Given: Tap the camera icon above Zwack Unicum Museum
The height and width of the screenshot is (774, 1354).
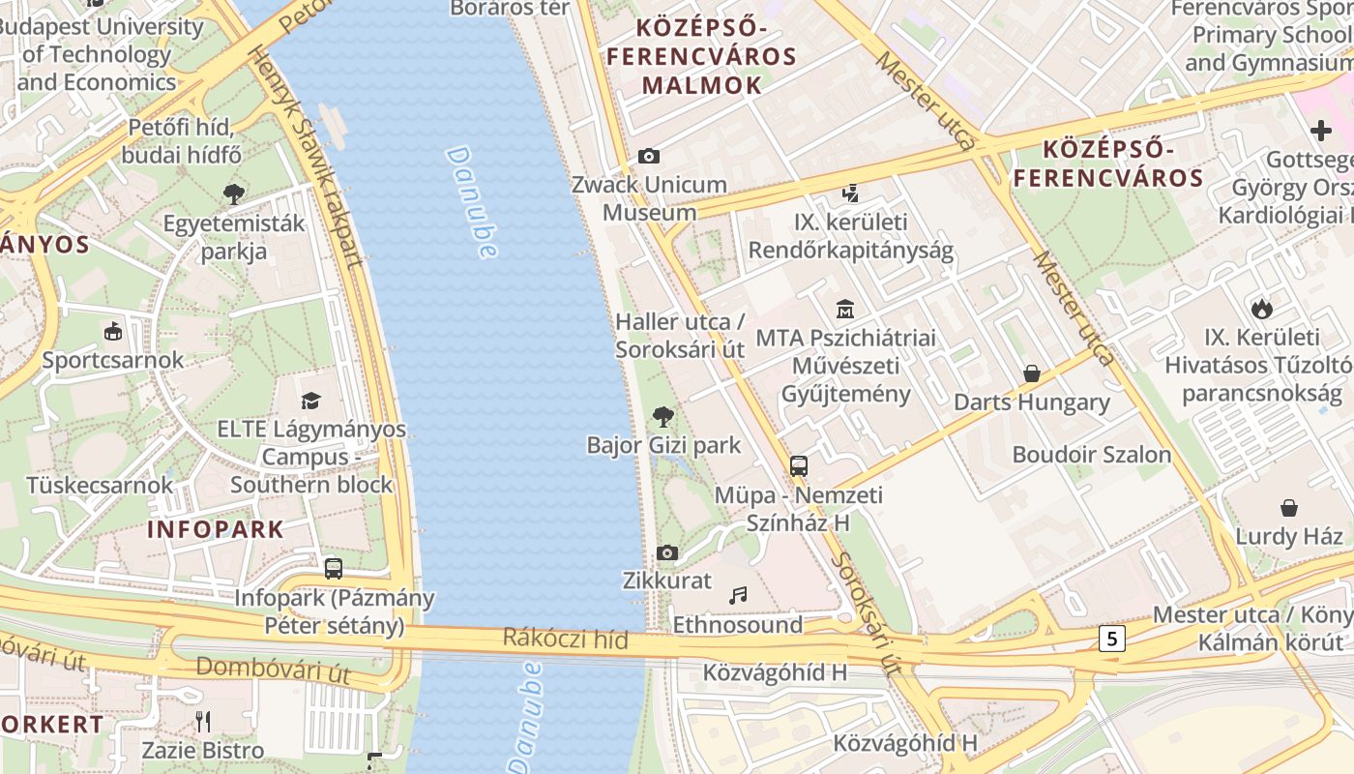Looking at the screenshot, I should tap(648, 156).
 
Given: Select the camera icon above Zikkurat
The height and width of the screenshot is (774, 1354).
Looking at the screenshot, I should tap(666, 552).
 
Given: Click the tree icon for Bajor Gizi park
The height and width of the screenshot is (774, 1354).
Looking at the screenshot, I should tap(662, 417).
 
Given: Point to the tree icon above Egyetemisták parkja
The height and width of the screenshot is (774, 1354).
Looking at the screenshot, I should tap(233, 194).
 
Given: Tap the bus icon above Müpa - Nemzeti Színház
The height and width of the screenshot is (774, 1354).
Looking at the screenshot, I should tap(798, 466).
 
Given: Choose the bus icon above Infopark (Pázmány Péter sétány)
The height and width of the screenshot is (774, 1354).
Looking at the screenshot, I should tap(334, 569).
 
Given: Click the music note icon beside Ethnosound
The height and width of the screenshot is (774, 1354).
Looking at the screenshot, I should tap(738, 596).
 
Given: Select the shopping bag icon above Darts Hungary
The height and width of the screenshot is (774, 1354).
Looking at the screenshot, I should tap(1031, 373).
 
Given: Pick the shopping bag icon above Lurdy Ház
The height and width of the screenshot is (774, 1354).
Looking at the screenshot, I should tap(1288, 508).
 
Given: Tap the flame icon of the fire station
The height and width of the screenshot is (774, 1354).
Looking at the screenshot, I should tap(1261, 309).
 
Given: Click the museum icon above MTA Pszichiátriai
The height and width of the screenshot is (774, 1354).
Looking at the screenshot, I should tap(845, 310).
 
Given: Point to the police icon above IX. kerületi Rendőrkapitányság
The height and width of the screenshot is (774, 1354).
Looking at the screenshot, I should tap(850, 193).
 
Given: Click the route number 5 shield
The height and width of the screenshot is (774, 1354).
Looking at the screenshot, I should tap(1112, 638).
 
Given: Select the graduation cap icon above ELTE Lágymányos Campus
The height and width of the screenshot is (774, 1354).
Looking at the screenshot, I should tap(310, 401).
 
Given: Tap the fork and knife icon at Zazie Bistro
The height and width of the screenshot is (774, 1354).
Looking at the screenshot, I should tap(203, 722).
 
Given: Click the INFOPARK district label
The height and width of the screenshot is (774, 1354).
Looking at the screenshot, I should tap(216, 529).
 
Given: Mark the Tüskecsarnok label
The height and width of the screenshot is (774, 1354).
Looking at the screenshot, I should tap(100, 485).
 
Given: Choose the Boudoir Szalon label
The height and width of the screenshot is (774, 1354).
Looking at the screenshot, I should tap(1091, 454).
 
